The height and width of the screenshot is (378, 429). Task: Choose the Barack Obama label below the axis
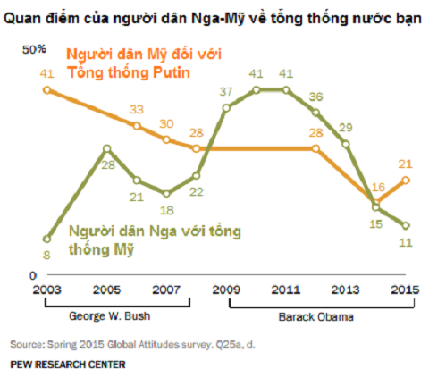(313, 316)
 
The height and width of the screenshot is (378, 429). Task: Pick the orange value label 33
(136, 109)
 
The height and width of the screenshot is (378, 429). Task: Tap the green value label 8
(46, 256)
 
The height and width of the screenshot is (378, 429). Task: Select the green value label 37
(226, 92)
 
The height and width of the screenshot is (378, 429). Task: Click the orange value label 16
(376, 187)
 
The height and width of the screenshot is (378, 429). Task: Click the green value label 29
(346, 126)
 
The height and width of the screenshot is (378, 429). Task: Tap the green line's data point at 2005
(106, 148)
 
